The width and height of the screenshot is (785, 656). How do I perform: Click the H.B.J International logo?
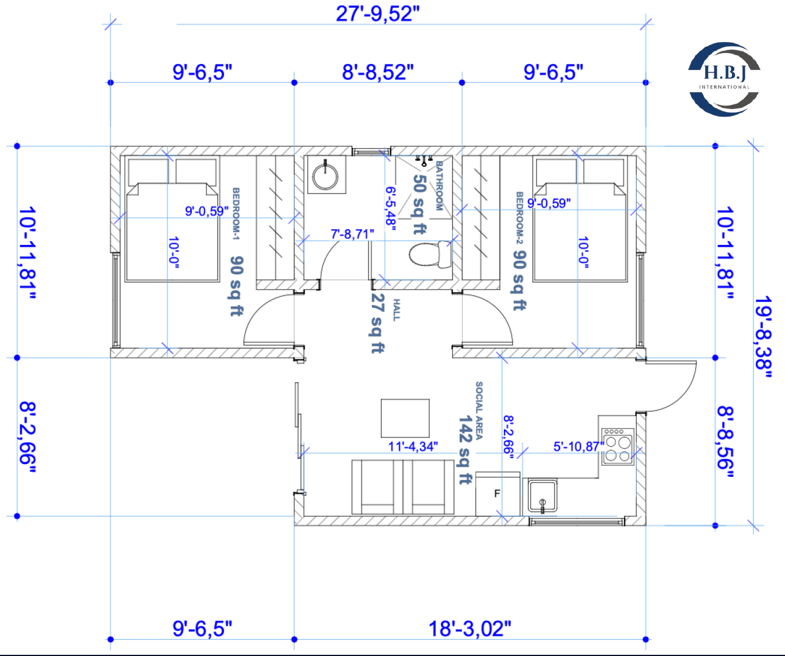(724, 79)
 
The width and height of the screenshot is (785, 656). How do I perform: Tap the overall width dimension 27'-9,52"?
(377, 14)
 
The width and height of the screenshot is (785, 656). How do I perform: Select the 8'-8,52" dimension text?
(377, 72)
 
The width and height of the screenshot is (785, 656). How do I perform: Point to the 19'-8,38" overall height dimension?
(763, 337)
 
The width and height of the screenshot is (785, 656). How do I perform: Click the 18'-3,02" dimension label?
(470, 629)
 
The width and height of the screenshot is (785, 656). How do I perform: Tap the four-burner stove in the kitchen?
(618, 447)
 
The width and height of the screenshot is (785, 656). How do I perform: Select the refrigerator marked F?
(497, 494)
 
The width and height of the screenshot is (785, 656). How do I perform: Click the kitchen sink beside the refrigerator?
(542, 496)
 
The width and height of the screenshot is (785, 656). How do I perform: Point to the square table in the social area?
(405, 418)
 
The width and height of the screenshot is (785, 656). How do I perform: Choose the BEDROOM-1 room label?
(236, 214)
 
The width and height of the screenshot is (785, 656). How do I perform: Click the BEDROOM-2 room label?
(520, 218)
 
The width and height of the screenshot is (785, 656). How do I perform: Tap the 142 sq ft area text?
(465, 450)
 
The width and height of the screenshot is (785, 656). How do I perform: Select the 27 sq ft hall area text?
(377, 323)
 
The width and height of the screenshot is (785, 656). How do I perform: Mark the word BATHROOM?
(439, 185)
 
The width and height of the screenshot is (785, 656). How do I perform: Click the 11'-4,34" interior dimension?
(413, 447)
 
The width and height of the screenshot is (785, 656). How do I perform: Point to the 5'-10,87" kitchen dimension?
(579, 447)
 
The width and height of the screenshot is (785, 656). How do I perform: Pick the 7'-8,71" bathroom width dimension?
(352, 234)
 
